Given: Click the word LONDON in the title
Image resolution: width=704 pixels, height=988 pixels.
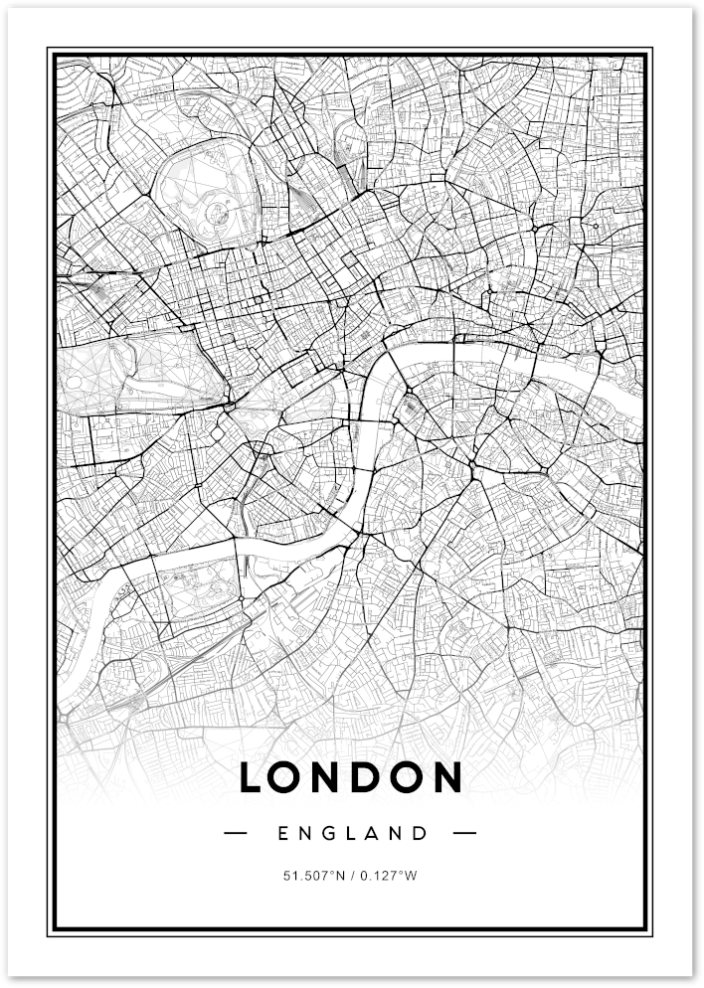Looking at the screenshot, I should [x=351, y=777].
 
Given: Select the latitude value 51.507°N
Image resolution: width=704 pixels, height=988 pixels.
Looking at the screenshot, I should [x=314, y=876].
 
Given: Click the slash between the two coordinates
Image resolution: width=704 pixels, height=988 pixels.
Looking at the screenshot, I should [x=352, y=876].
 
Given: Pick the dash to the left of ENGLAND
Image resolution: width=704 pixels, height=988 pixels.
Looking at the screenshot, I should [x=238, y=833].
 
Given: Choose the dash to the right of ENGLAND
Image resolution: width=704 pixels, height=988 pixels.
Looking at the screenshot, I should [x=464, y=833].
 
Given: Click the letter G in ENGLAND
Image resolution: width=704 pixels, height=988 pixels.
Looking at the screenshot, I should [x=330, y=833].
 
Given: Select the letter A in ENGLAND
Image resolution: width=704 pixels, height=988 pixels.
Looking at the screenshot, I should [x=377, y=833].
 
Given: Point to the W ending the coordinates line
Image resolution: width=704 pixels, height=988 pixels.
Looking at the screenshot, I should [x=414, y=876].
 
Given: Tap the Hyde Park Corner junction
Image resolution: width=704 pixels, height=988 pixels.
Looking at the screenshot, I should [x=231, y=406].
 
